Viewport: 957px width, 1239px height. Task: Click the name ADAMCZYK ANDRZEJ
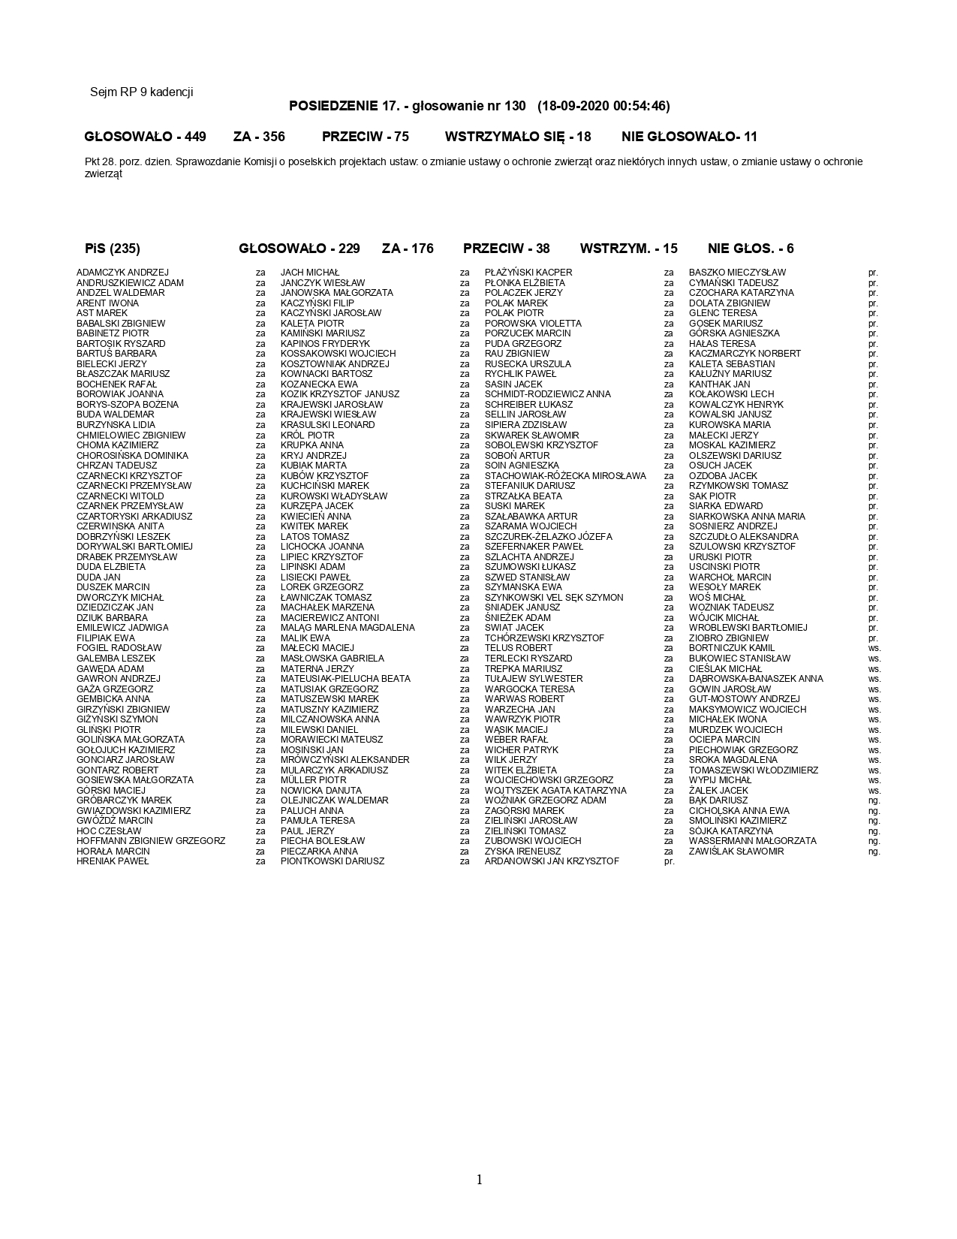[x=122, y=273]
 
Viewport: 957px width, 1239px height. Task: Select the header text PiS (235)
[x=113, y=249]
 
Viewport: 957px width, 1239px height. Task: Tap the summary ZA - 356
[x=259, y=137]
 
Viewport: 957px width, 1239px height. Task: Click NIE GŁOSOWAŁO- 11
[x=689, y=137]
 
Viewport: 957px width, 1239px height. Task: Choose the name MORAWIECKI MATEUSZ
[x=331, y=740]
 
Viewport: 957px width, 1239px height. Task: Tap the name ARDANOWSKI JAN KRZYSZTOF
[x=552, y=861]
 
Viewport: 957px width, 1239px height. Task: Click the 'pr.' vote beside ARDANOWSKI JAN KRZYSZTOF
[x=670, y=861]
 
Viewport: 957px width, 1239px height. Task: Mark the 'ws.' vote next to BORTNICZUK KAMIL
[x=874, y=648]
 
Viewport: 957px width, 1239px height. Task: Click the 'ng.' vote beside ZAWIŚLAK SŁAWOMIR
[x=874, y=852]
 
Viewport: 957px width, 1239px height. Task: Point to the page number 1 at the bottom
[x=479, y=1180]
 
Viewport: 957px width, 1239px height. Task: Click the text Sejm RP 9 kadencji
[x=141, y=92]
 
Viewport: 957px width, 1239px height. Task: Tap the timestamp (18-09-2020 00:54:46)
[x=603, y=106]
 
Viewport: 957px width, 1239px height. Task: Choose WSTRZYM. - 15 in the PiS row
[x=628, y=249]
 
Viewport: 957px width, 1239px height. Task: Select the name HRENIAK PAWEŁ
[x=113, y=861]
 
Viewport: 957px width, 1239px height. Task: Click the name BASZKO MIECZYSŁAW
[x=737, y=273]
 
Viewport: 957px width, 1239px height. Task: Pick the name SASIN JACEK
[x=513, y=384]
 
